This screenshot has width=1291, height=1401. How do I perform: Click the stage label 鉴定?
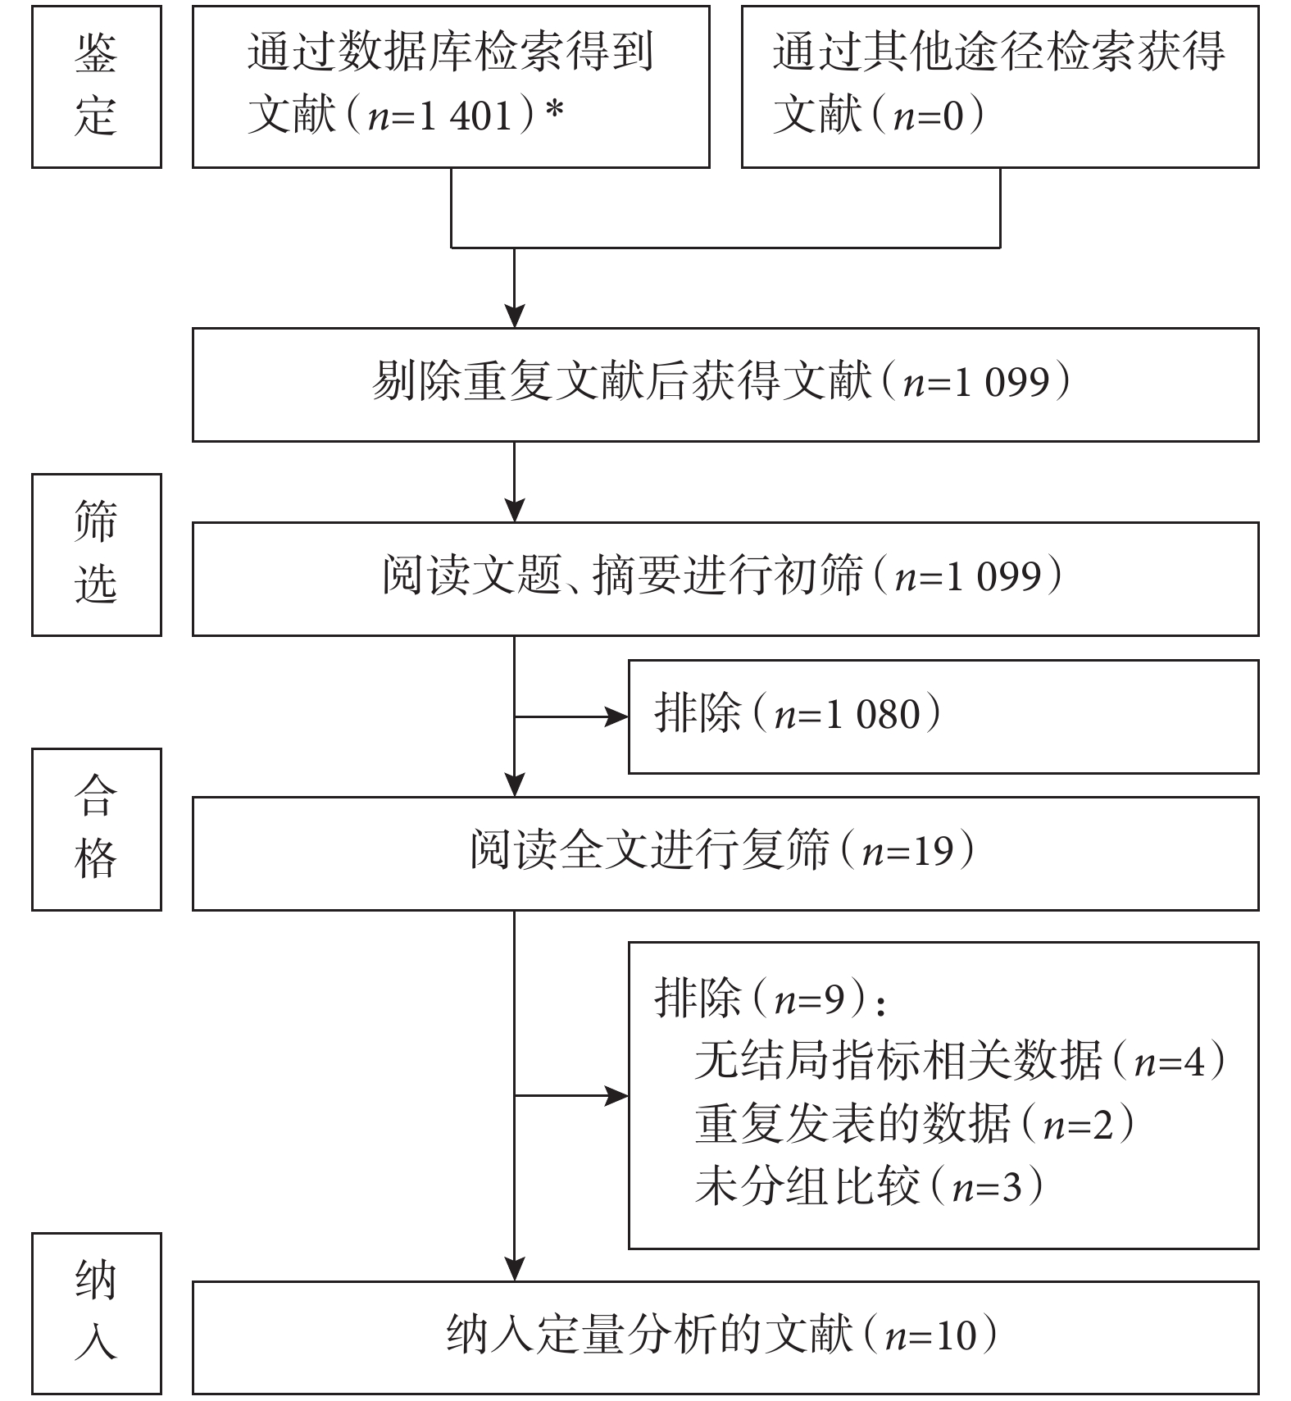click(x=97, y=86)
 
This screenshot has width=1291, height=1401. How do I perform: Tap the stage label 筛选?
click(x=97, y=554)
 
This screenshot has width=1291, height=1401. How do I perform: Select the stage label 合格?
click(x=97, y=829)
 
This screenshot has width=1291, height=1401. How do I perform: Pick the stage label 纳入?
click(x=97, y=1313)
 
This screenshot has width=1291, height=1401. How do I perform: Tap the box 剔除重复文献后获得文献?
click(x=725, y=384)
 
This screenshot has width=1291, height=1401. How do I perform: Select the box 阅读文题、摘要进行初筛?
click(x=725, y=579)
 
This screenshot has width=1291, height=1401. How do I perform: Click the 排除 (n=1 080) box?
click(x=943, y=716)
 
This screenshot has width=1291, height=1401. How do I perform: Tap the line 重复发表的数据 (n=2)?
click(x=915, y=1123)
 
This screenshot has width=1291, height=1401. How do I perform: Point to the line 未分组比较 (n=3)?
click(x=869, y=1185)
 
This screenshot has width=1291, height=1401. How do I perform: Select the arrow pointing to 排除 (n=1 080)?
click(x=571, y=716)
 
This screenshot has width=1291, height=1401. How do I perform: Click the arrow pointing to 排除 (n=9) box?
click(x=571, y=1095)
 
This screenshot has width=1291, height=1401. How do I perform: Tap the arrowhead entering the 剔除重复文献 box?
click(x=514, y=316)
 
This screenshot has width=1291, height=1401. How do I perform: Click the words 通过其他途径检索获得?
click(x=998, y=52)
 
